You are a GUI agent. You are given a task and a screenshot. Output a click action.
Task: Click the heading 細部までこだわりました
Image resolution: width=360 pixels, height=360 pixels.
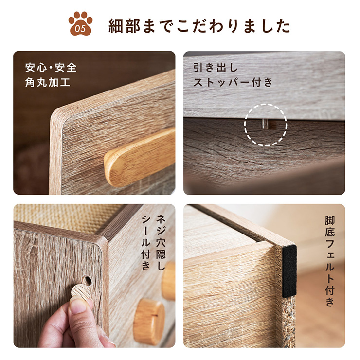click(x=199, y=26)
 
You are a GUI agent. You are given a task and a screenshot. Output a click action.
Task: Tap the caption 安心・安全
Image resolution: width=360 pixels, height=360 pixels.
click(x=51, y=68)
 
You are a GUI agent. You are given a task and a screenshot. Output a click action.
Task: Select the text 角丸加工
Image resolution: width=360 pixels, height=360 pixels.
click(x=48, y=82)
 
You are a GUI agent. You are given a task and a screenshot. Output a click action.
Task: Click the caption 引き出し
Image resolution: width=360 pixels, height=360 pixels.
click(x=216, y=68)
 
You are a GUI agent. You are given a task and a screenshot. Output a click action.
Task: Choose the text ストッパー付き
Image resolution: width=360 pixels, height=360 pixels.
click(x=233, y=82)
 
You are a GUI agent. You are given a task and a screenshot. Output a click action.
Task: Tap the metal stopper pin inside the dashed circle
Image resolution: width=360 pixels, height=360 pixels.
click(x=264, y=124)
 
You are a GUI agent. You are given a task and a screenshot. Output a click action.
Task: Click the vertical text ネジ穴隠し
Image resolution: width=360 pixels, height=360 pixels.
click(x=161, y=242)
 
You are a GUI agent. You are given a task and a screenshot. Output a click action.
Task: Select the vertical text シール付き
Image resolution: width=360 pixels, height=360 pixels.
click(x=146, y=242)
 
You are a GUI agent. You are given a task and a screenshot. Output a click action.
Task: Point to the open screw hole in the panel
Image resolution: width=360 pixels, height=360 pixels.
click(x=87, y=280)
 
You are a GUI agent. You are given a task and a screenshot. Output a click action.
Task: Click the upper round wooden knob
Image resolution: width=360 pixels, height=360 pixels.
click(x=169, y=281)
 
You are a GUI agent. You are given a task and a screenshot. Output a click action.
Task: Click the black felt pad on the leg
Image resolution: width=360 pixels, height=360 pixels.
click(x=289, y=270)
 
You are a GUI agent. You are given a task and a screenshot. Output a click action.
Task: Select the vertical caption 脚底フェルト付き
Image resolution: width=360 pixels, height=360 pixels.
click(x=330, y=261)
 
